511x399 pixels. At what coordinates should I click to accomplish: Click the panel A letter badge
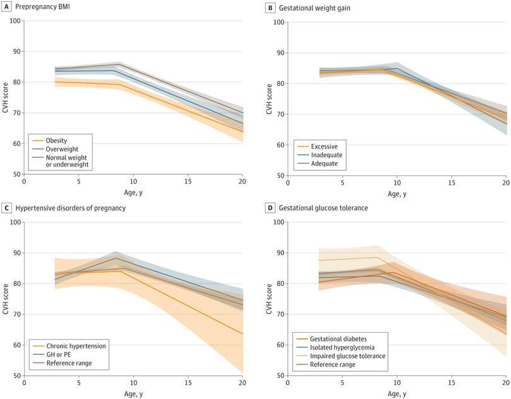click(6, 7)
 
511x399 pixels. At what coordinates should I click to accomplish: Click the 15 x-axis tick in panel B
click(451, 183)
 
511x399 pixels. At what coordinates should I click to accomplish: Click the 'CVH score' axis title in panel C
click(6, 299)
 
